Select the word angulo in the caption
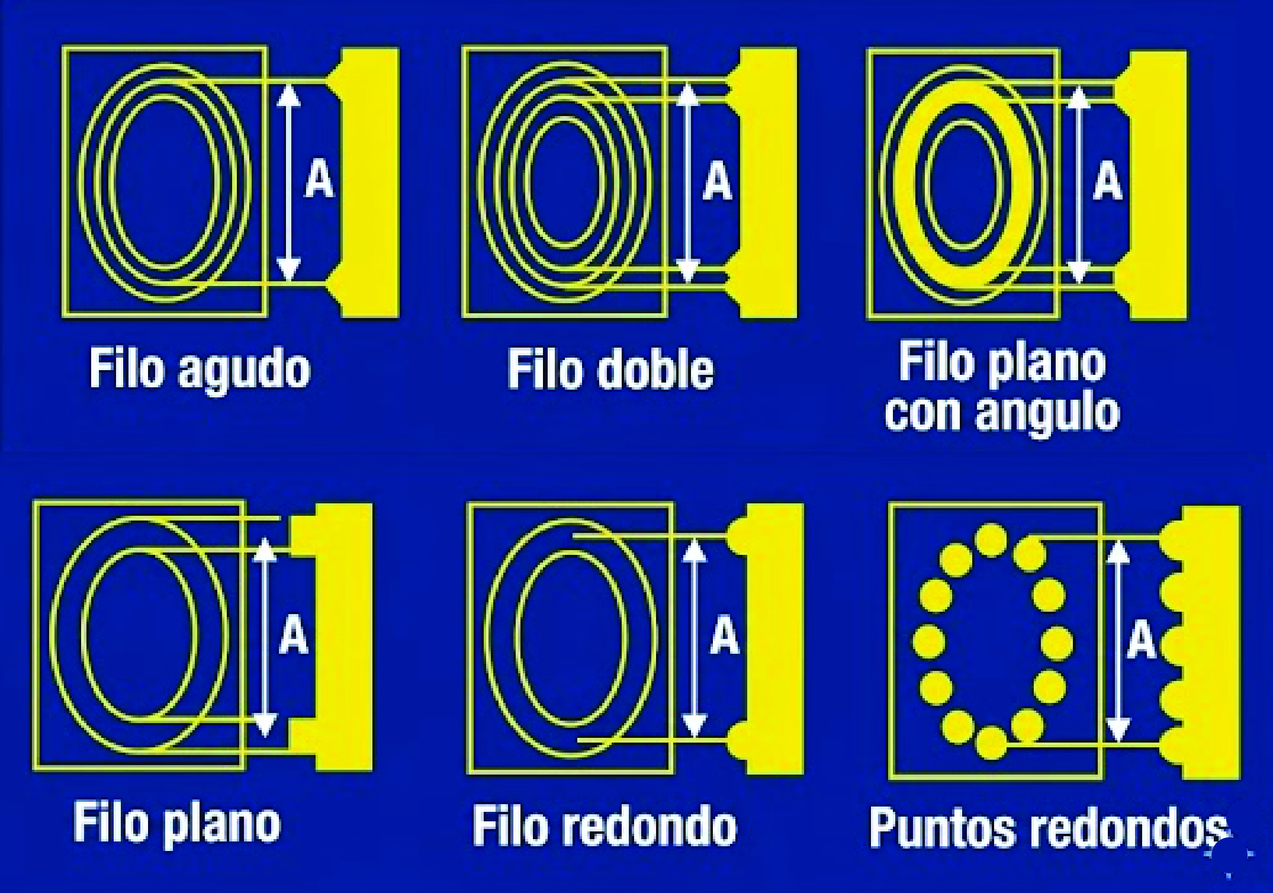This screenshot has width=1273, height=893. coord(1047,413)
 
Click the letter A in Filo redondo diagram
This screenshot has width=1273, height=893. coord(725,635)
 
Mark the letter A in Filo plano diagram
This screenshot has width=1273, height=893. coord(294,635)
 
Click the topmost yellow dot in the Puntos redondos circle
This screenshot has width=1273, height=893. coord(991,540)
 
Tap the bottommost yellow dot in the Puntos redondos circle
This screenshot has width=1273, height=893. coord(991,743)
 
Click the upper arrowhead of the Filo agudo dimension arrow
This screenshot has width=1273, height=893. coord(288,95)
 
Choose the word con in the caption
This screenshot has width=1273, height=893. coord(924,413)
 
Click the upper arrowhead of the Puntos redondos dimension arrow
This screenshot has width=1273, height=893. coord(1117,552)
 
